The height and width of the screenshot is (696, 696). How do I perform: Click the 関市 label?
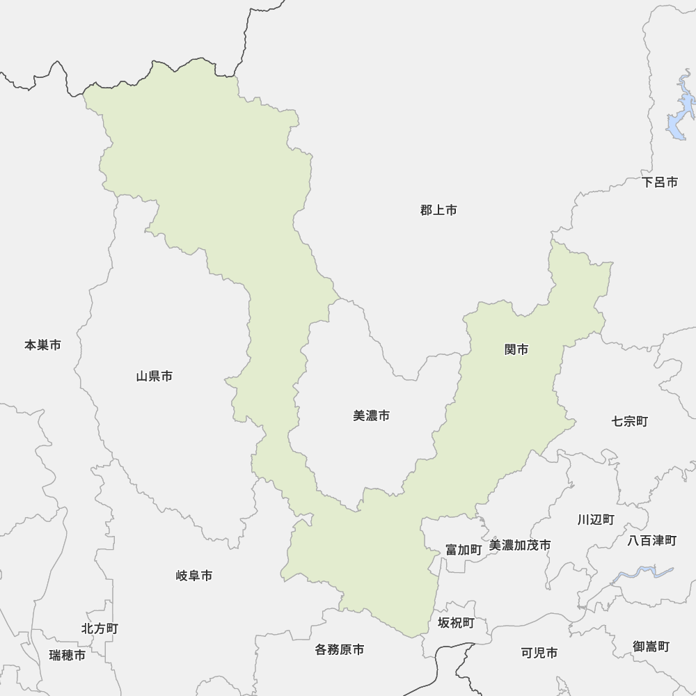(x=516, y=349)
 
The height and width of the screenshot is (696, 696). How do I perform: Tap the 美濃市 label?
(x=371, y=416)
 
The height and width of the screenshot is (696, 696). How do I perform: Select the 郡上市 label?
(x=438, y=209)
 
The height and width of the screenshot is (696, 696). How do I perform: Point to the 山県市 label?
(x=154, y=377)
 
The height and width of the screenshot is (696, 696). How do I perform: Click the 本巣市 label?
(x=42, y=345)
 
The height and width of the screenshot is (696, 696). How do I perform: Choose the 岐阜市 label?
(x=194, y=576)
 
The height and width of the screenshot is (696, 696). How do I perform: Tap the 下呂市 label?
(x=660, y=182)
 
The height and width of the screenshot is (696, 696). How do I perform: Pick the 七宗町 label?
(x=630, y=421)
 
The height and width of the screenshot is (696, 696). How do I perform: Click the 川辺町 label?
(x=596, y=519)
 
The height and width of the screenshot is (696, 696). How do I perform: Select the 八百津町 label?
(x=651, y=540)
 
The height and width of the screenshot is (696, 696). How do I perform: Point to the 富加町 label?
(x=464, y=549)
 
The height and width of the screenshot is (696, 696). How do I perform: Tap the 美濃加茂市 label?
(x=520, y=545)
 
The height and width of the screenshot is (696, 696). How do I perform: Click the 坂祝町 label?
(x=456, y=622)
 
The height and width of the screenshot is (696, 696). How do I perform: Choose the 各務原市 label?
(x=339, y=649)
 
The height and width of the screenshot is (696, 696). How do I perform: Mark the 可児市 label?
(x=539, y=653)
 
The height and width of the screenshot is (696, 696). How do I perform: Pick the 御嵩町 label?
(x=651, y=646)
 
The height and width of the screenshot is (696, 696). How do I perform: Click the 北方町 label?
(x=100, y=628)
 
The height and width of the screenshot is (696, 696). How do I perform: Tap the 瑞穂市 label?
(x=68, y=655)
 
